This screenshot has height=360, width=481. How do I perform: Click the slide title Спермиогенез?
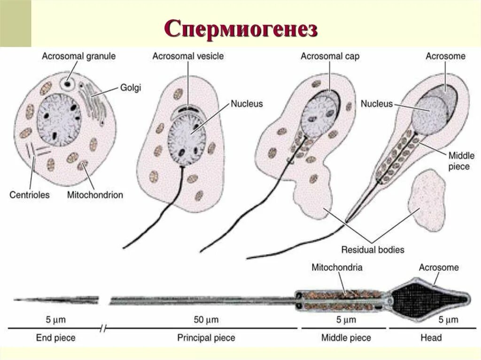240,29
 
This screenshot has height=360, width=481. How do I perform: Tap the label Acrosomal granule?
78,56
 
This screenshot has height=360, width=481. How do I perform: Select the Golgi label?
131,87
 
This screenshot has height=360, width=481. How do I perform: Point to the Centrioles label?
29,194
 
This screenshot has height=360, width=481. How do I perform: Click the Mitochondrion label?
95,194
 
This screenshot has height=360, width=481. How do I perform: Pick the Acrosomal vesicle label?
188,56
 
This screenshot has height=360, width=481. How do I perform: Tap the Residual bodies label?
372,249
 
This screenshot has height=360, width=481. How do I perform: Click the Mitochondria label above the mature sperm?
337,268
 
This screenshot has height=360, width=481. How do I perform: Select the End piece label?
55,337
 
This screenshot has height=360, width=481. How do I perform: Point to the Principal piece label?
206,337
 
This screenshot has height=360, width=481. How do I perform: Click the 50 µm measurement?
206,320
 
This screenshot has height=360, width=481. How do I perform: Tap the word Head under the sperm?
431,337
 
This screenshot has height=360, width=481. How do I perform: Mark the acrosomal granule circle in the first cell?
69,84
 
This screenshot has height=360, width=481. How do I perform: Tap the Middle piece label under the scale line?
346,337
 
